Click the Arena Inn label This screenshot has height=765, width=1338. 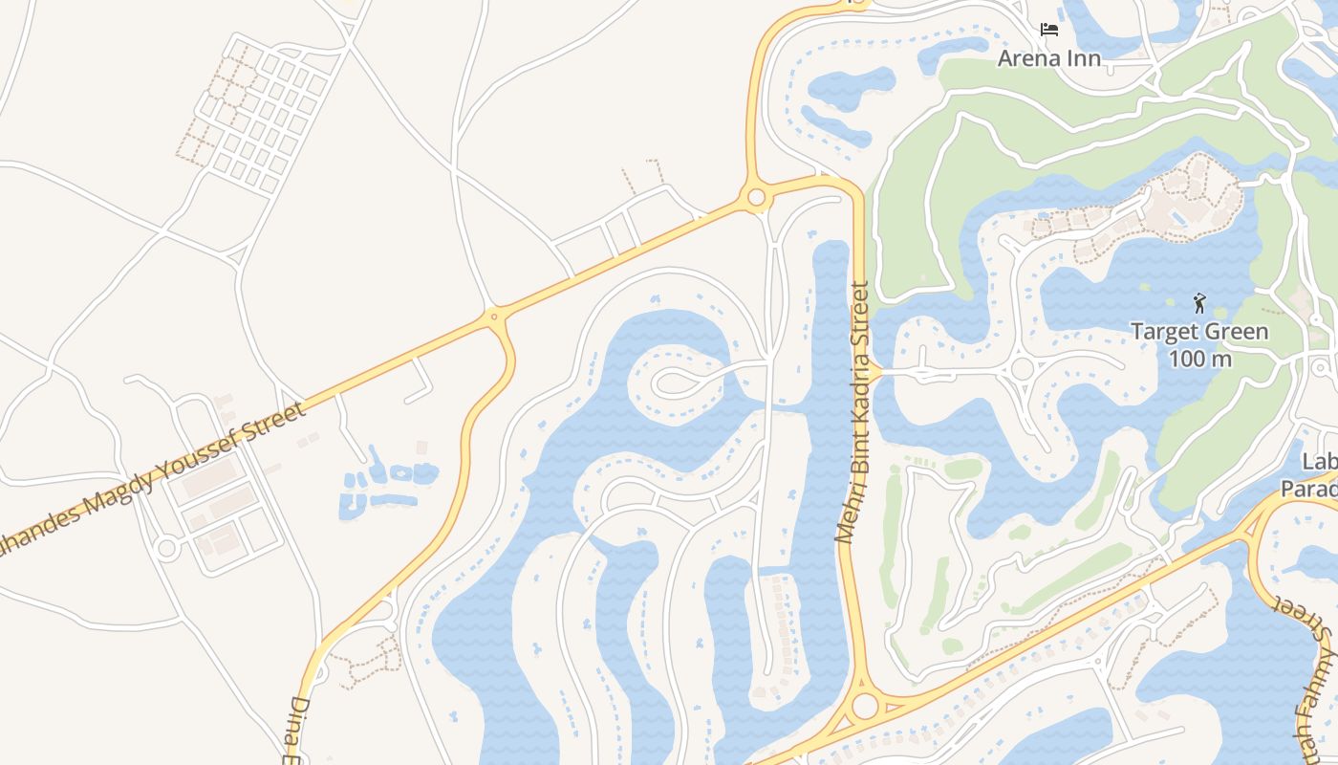[x=1048, y=58]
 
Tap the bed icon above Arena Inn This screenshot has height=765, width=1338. [x=1049, y=30]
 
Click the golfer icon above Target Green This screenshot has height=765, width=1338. [x=1199, y=304]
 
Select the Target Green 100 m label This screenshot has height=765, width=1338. [x=1199, y=345]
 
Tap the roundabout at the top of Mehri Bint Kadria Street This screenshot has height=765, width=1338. [x=756, y=198]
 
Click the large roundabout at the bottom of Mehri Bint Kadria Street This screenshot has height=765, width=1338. [x=865, y=707]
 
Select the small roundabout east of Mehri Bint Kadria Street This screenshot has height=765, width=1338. [x=1023, y=369]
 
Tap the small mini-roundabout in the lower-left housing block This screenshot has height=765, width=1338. [x=167, y=549]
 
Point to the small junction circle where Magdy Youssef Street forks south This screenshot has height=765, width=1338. [x=494, y=316]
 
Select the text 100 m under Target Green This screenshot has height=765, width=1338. [x=1199, y=360]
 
